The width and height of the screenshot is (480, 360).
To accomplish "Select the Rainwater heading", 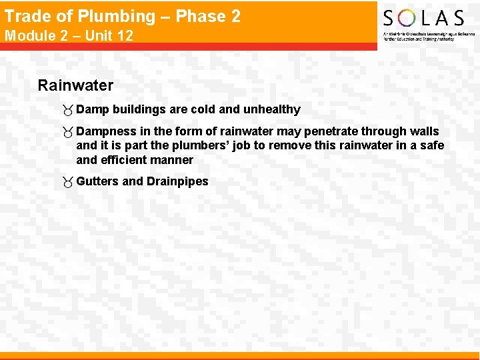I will click(x=75, y=85).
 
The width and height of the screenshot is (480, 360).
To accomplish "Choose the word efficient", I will click(x=127, y=160).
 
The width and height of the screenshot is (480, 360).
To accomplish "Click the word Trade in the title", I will click(x=25, y=16).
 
